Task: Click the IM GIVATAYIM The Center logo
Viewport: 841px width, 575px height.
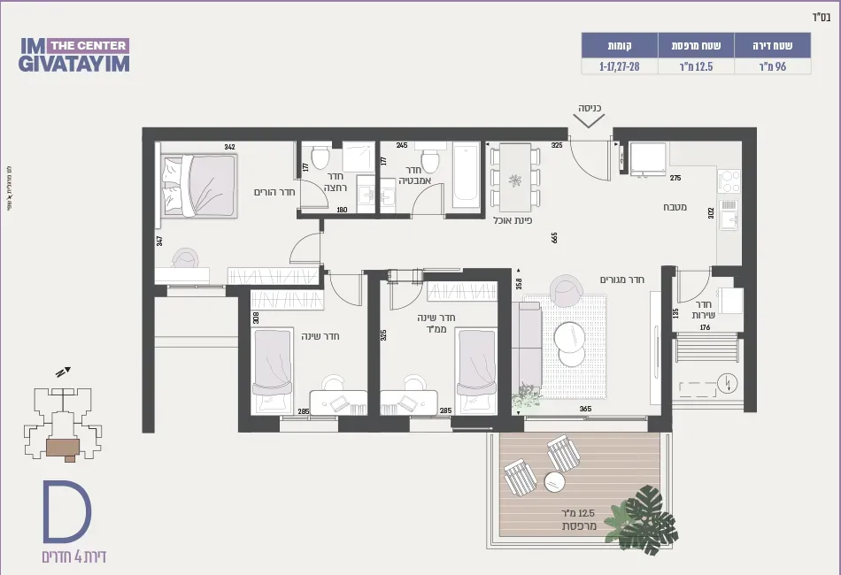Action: point(73,54)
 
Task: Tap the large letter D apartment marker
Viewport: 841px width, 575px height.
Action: point(67,514)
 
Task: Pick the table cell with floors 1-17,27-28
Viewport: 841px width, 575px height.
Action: point(619,66)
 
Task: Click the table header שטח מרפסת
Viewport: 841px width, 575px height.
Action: point(696,44)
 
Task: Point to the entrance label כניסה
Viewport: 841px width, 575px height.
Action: point(590,109)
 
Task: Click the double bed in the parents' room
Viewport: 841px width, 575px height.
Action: point(199,185)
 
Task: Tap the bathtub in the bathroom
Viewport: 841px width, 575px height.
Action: point(465,176)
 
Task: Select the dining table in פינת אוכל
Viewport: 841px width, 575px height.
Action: point(514,177)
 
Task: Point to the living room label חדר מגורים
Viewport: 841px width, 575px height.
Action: point(622,280)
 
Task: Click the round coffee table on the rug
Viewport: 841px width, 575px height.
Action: point(571,336)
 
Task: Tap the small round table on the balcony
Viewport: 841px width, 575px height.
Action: point(554,482)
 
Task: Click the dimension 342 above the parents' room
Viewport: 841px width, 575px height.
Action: point(229,147)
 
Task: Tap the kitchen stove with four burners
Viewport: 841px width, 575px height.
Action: point(728,181)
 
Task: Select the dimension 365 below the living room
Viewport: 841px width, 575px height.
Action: point(585,410)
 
